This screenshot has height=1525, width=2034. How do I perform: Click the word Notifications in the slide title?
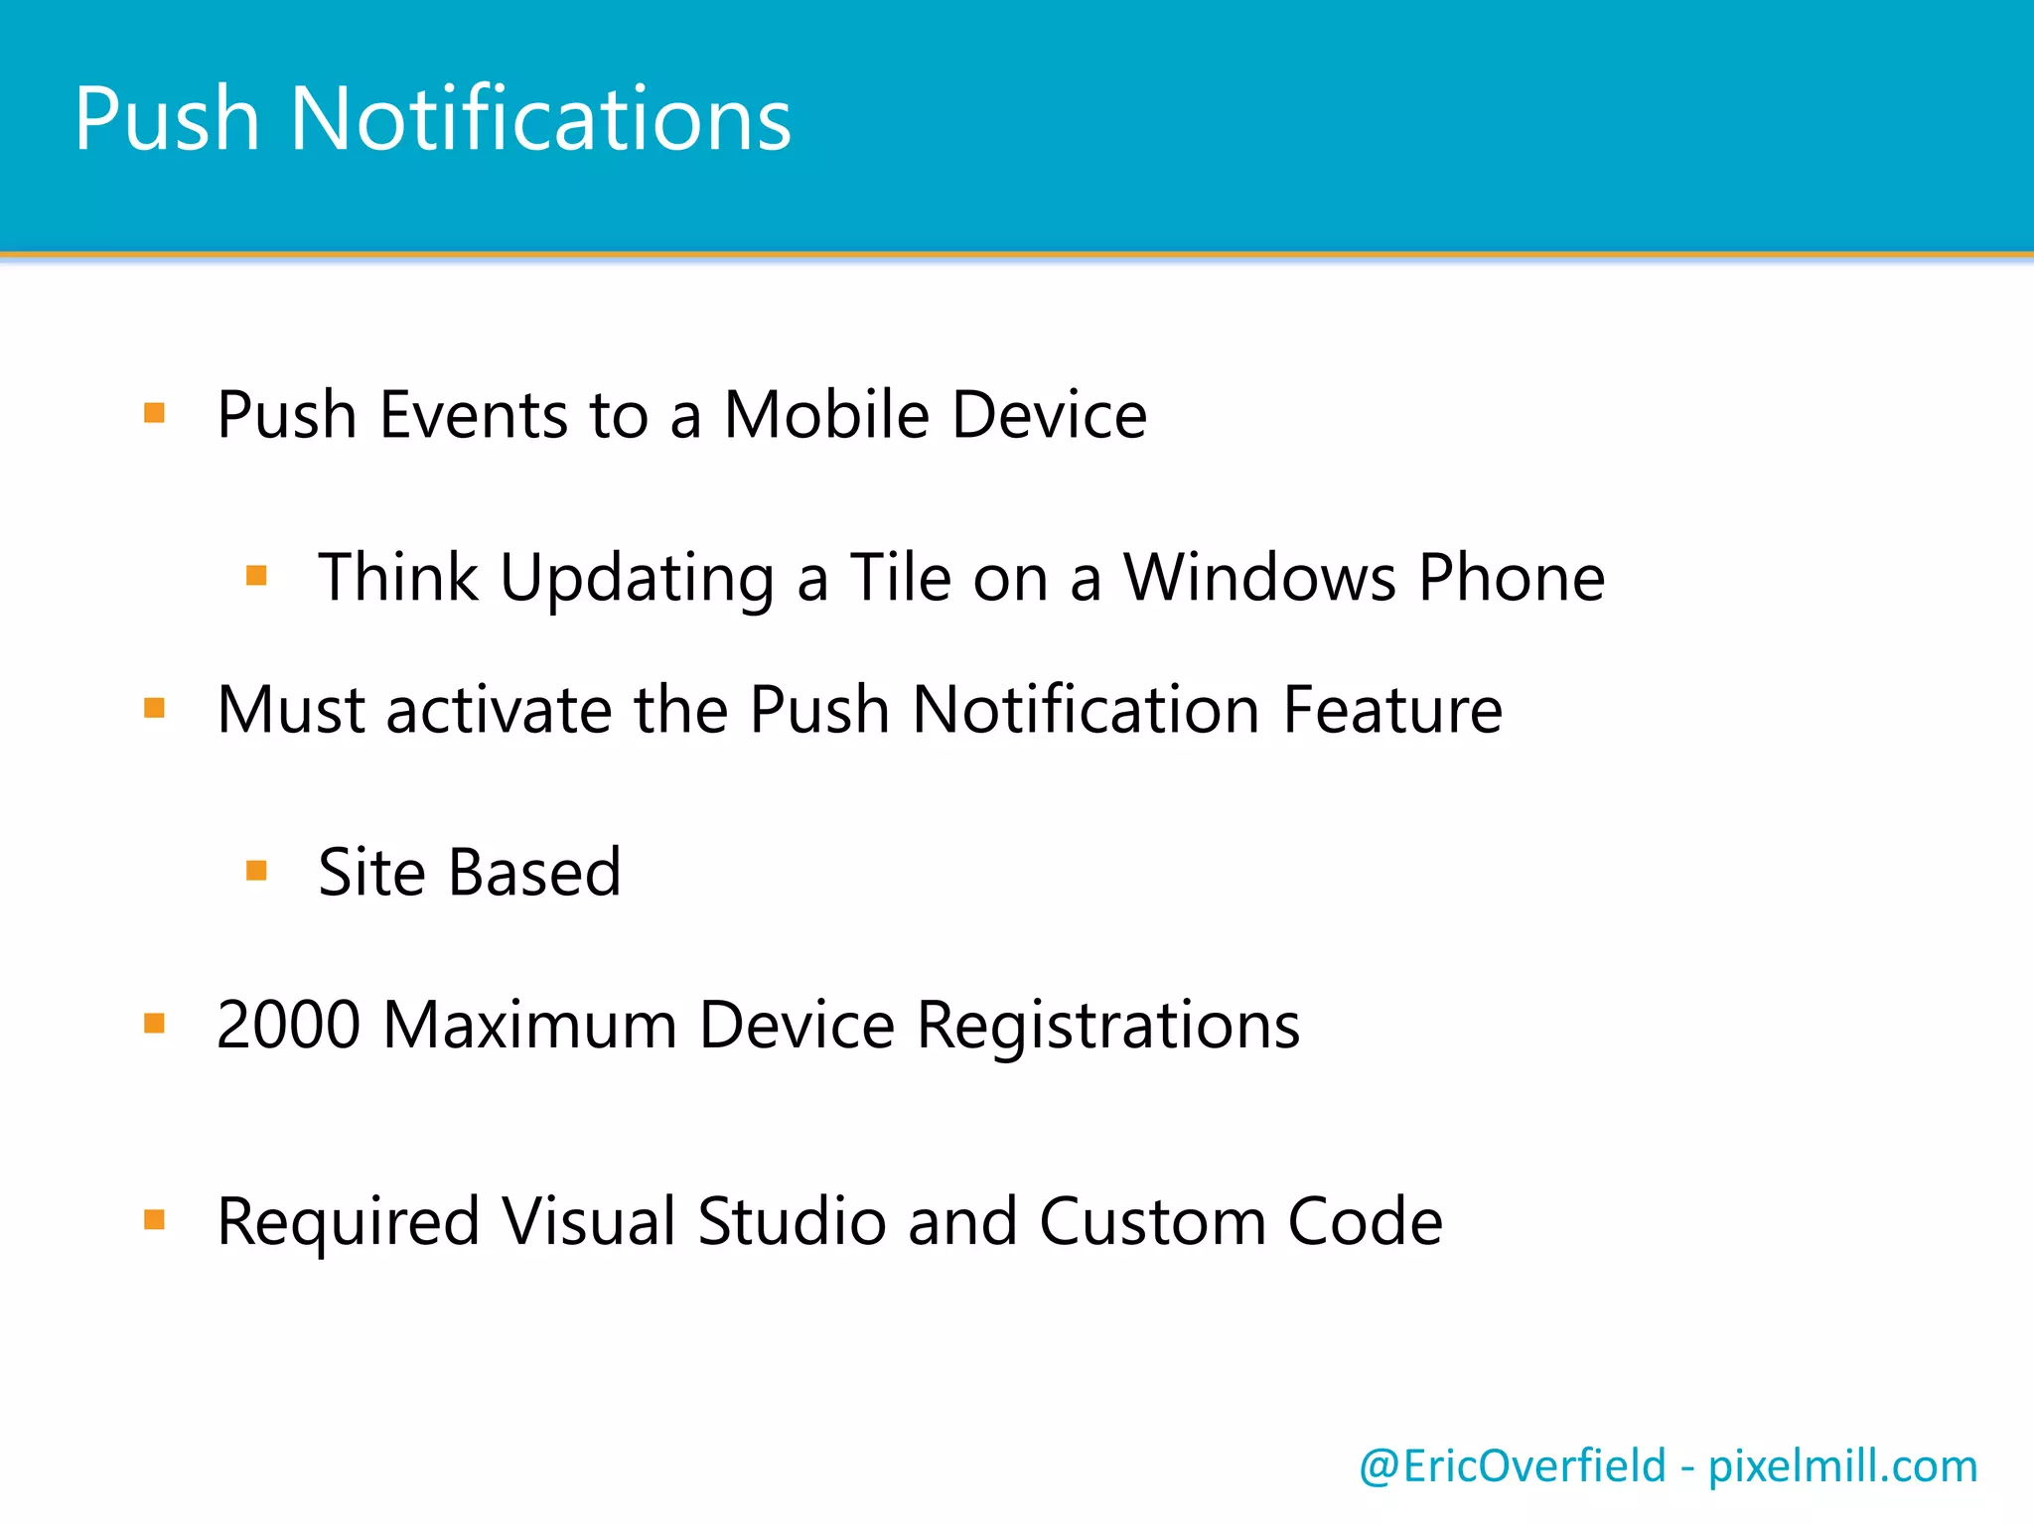pos(540,119)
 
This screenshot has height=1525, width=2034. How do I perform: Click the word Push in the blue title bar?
pos(167,119)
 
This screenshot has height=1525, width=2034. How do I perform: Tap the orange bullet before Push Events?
pos(154,412)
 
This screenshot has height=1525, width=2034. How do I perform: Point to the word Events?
pos(474,414)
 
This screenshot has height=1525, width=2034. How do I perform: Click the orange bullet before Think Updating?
pos(256,575)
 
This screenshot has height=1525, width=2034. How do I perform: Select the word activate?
pos(499,710)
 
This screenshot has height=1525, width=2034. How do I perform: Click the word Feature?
pos(1392,710)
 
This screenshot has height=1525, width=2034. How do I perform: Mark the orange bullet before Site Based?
pos(256,871)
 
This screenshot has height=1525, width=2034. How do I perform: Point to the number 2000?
pos(288,1025)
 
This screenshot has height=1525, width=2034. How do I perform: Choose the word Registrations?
pos(1107,1027)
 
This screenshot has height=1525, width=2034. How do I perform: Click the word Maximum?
pos(529,1025)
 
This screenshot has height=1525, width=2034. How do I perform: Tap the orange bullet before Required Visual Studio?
pos(154,1219)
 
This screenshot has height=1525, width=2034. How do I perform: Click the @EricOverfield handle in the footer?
pos(1512,1466)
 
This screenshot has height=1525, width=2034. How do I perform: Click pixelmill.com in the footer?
pos(1842,1466)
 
